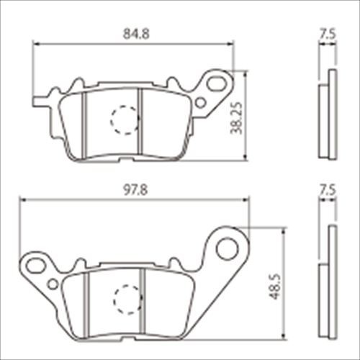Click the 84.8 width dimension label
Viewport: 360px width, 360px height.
point(136,34)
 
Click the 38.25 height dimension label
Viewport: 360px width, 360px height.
point(236,118)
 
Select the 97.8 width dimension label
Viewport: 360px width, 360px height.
point(135,190)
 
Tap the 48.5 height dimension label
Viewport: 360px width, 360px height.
point(275,287)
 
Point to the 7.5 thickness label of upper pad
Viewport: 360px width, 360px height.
point(328,34)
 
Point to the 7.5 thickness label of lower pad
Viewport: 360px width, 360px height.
point(328,190)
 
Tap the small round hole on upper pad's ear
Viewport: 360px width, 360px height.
point(200,103)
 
